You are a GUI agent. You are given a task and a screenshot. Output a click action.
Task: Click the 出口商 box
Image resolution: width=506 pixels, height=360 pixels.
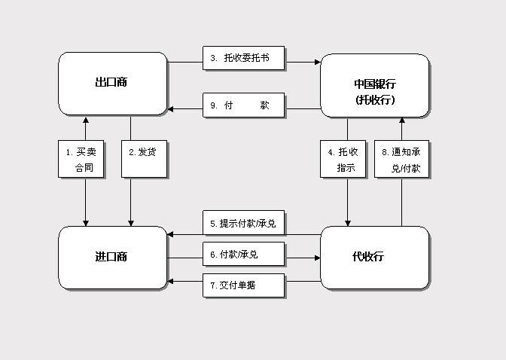(112, 83)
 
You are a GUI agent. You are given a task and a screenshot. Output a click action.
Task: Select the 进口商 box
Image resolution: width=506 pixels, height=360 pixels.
(112, 257)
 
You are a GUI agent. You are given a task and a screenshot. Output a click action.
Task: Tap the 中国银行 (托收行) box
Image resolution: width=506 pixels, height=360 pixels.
(374, 84)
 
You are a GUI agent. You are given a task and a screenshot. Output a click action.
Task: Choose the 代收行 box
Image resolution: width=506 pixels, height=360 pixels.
(374, 257)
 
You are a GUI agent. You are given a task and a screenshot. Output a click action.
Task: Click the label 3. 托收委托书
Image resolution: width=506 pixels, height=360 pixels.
(244, 58)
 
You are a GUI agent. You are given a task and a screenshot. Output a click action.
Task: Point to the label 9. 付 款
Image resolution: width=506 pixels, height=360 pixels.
(244, 105)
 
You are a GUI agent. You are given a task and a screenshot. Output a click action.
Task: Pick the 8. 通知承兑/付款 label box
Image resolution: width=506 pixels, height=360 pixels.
(401, 159)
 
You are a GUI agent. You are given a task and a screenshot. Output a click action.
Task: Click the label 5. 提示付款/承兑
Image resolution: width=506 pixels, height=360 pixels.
(244, 223)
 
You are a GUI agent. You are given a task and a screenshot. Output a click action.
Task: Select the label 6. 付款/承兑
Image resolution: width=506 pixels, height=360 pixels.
(244, 255)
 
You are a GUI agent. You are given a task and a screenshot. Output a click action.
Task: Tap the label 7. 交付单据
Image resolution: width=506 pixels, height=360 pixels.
(244, 285)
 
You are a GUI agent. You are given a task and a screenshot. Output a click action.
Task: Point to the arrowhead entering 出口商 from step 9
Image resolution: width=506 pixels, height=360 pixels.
(172, 109)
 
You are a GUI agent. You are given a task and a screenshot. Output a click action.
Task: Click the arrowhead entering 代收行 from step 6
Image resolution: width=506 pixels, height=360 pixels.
(317, 258)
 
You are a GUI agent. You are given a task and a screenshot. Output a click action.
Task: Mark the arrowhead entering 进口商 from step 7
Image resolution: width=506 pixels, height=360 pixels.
(172, 282)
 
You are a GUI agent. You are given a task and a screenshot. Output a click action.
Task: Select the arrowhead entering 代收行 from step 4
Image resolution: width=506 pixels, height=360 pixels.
(348, 222)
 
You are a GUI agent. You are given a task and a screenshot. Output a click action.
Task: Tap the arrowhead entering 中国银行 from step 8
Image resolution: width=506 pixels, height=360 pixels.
(401, 121)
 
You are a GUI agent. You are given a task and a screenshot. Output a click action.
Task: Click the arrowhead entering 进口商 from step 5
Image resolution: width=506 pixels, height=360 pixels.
(172, 234)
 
